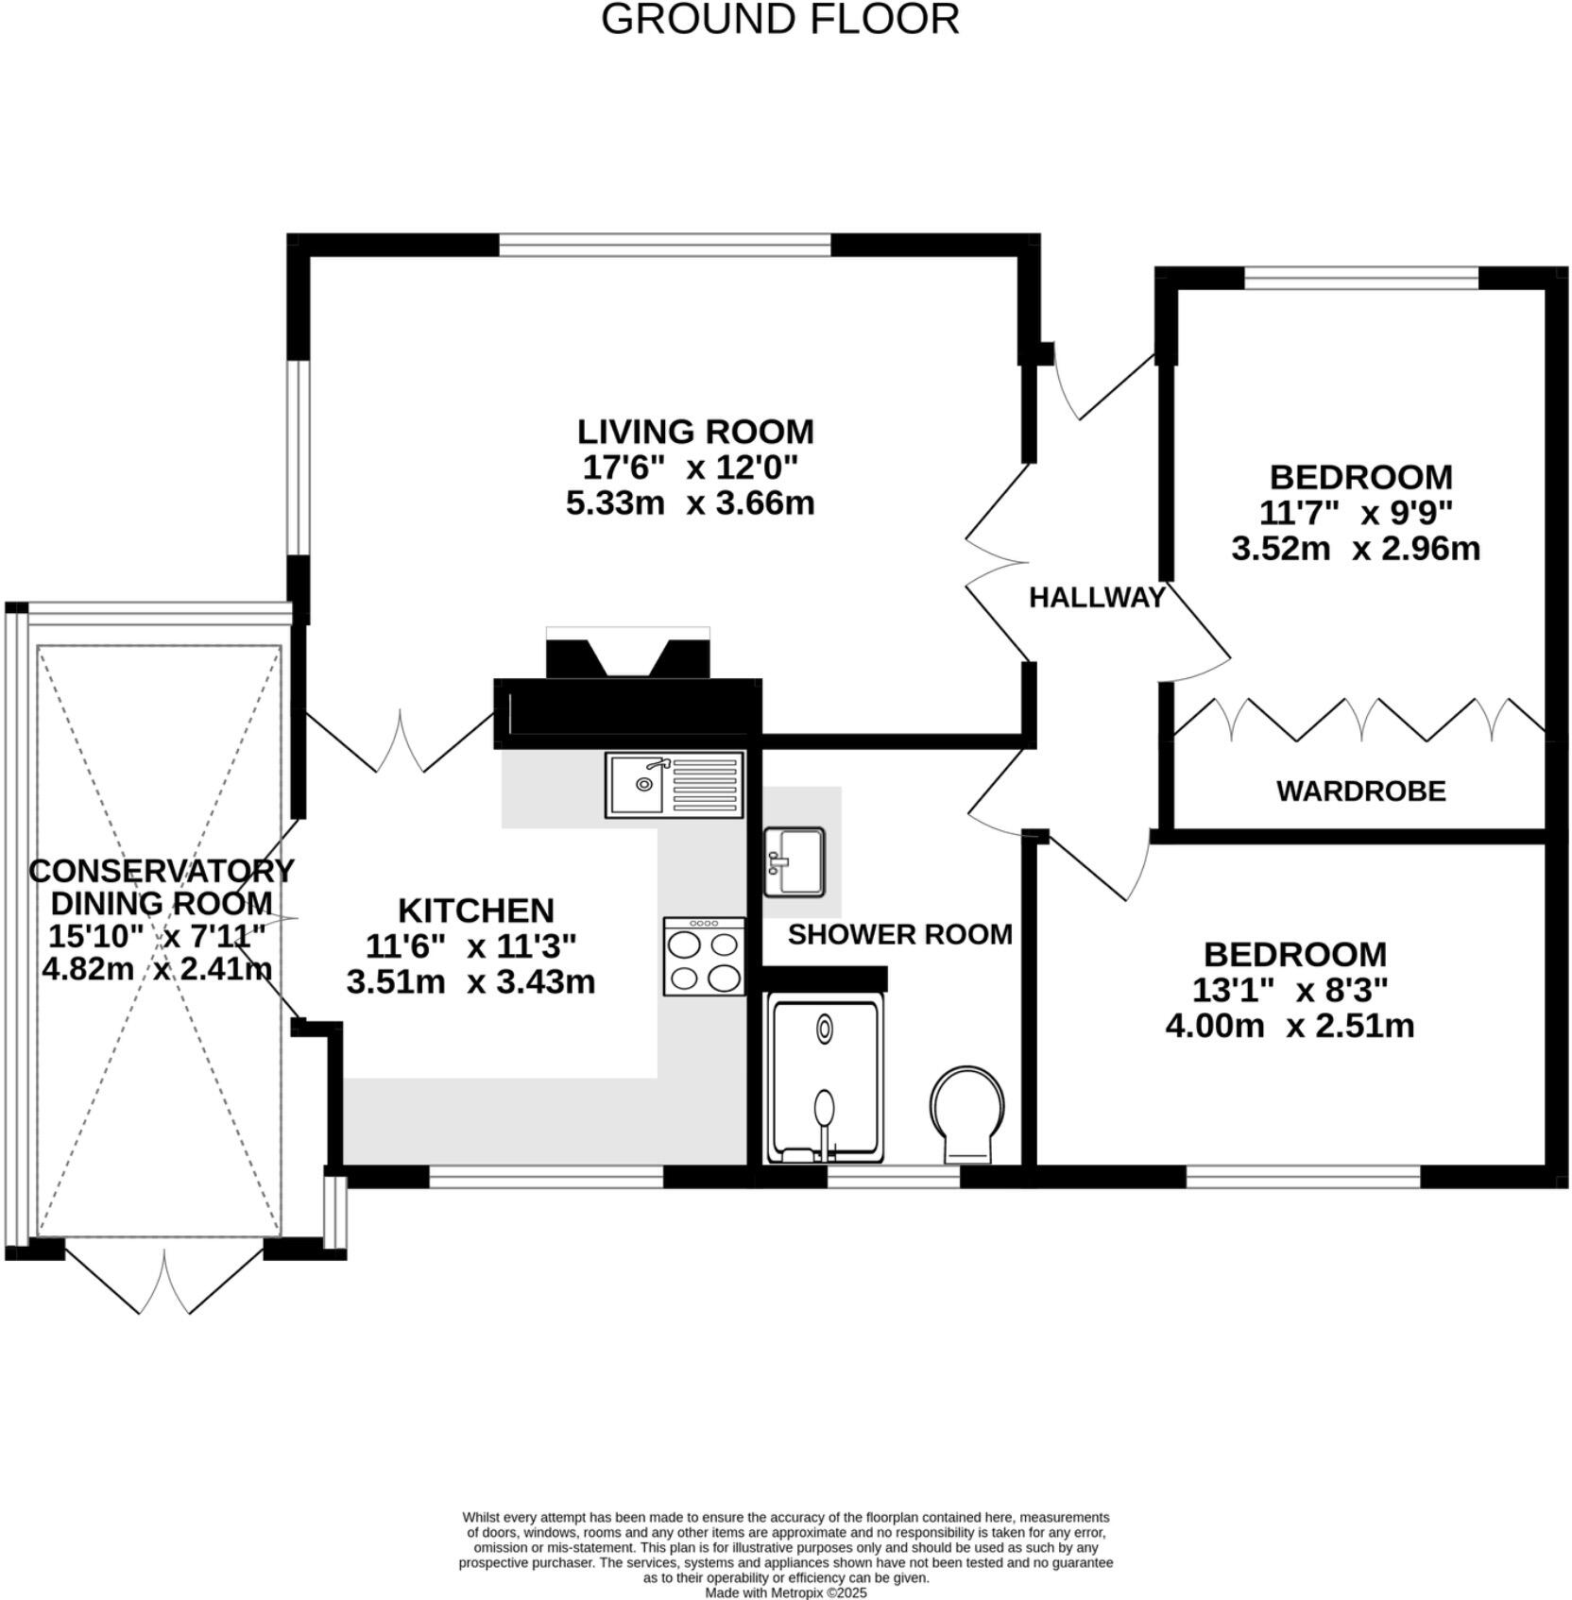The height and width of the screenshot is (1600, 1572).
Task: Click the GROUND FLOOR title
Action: [779, 20]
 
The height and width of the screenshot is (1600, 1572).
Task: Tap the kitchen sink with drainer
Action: [674, 784]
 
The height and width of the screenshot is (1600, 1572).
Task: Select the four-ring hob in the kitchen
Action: [704, 956]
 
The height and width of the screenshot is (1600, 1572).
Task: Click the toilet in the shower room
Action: [967, 1114]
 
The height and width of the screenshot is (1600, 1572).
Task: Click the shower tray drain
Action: [825, 1029]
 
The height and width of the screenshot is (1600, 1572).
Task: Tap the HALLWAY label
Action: [1096, 597]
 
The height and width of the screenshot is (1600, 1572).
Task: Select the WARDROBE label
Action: [1360, 791]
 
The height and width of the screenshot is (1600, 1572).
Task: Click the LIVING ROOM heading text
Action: [695, 432]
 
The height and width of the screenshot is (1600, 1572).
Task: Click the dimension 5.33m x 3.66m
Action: [690, 502]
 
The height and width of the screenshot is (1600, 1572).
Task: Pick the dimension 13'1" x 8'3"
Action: [1290, 990]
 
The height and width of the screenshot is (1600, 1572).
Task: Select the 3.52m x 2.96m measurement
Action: [1355, 548]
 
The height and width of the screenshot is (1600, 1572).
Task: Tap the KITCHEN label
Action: [475, 911]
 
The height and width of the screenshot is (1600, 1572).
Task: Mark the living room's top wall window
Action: [665, 246]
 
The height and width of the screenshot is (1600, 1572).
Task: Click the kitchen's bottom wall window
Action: [546, 1176]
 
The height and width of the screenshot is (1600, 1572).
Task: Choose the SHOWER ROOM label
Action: [899, 934]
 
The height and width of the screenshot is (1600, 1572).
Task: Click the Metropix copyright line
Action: [785, 1592]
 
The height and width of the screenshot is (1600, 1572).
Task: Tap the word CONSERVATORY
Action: [162, 870]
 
